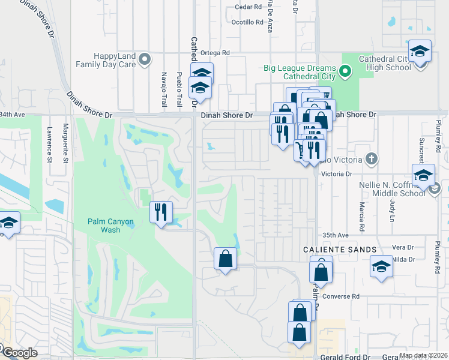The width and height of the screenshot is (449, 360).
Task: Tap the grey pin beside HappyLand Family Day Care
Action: (x=144, y=59)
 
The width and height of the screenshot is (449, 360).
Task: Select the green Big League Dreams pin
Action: (x=345, y=73)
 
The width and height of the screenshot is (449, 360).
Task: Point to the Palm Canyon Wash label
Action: (x=110, y=226)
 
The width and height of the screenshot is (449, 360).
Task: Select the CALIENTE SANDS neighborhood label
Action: (x=339, y=249)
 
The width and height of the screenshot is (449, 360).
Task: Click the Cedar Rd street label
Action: (x=249, y=7)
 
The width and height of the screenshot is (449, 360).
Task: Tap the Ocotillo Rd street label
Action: (x=247, y=22)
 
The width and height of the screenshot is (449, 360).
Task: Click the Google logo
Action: (x=19, y=353)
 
